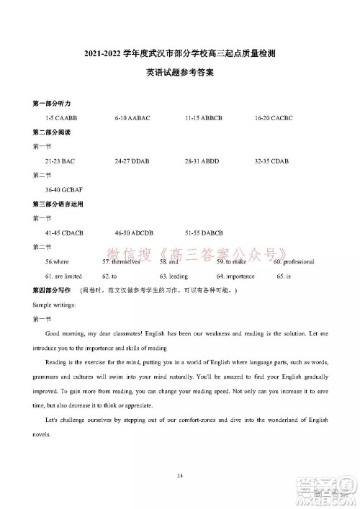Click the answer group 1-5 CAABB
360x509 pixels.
point(60,117)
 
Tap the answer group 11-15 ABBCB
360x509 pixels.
point(204,117)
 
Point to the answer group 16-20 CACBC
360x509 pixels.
point(274,117)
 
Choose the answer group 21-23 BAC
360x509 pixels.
point(60,161)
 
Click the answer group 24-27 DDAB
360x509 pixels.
point(132,161)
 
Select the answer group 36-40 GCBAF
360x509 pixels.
point(63,190)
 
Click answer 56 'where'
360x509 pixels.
point(57,263)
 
